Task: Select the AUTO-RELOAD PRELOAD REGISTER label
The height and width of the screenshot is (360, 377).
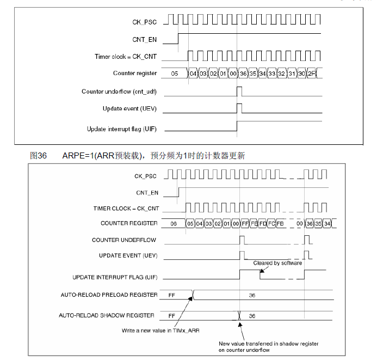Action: (x=109, y=295)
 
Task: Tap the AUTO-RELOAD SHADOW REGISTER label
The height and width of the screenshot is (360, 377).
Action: (x=107, y=315)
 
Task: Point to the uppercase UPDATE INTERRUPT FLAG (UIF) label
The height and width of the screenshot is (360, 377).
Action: (x=115, y=277)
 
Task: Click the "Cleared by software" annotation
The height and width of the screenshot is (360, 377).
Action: (x=277, y=263)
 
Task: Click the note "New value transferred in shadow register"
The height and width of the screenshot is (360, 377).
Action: (x=269, y=344)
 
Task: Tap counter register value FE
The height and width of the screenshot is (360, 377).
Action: (x=254, y=223)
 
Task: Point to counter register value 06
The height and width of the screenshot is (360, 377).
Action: (x=174, y=223)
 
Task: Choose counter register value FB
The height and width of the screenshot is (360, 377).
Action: (x=280, y=223)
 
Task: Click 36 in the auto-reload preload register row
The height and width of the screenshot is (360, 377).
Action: (x=252, y=295)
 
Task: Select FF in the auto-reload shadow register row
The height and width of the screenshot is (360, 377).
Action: (x=172, y=315)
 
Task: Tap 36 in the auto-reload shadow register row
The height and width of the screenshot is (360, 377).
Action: (x=252, y=315)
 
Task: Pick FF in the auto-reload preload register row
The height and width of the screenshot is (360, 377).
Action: (x=172, y=295)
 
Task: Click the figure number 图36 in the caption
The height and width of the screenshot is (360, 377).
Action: (x=38, y=156)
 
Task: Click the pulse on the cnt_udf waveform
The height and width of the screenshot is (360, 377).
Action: (x=239, y=90)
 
